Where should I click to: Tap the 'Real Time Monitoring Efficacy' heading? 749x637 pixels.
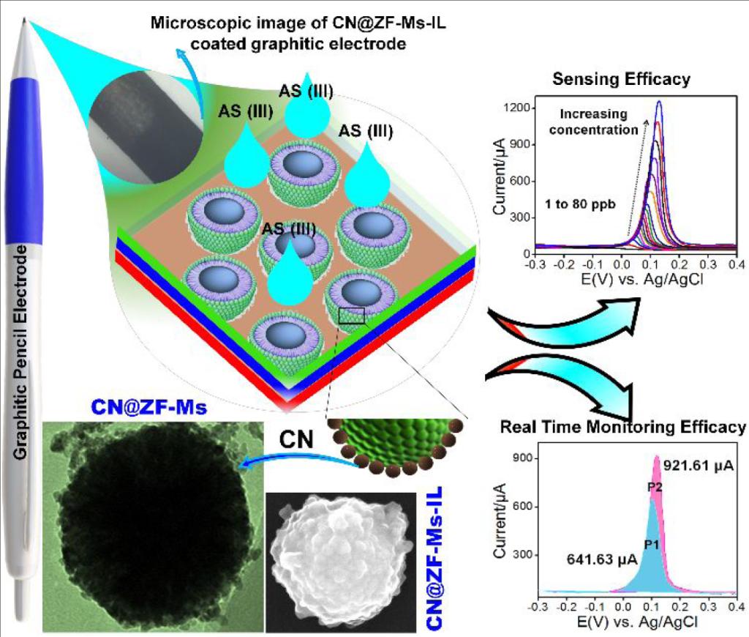(x=622, y=427)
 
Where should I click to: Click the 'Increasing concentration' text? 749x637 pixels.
(x=599, y=122)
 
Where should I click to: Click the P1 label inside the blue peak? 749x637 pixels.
(x=652, y=543)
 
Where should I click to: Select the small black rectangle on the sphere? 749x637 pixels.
(x=352, y=316)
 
